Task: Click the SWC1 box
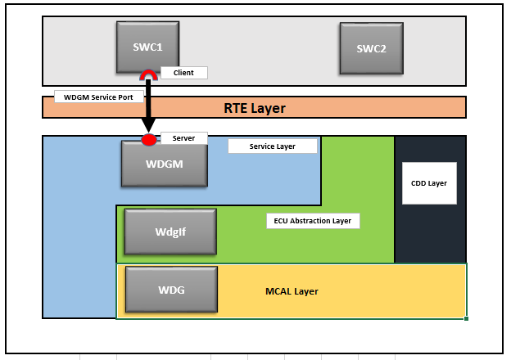pos(147,47)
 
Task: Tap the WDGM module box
pos(163,164)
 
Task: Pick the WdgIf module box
pos(170,232)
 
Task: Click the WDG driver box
pos(170,290)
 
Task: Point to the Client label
pos(183,73)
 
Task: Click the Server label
pos(183,138)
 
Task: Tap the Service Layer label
pos(272,146)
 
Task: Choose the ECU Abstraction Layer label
pos(313,221)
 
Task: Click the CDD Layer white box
pos(428,183)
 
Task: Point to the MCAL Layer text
pos(292,291)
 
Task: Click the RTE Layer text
pos(254,108)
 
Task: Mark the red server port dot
pos(148,140)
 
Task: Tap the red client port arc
pos(149,75)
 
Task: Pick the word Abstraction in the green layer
pos(310,221)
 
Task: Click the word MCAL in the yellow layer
pos(278,291)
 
